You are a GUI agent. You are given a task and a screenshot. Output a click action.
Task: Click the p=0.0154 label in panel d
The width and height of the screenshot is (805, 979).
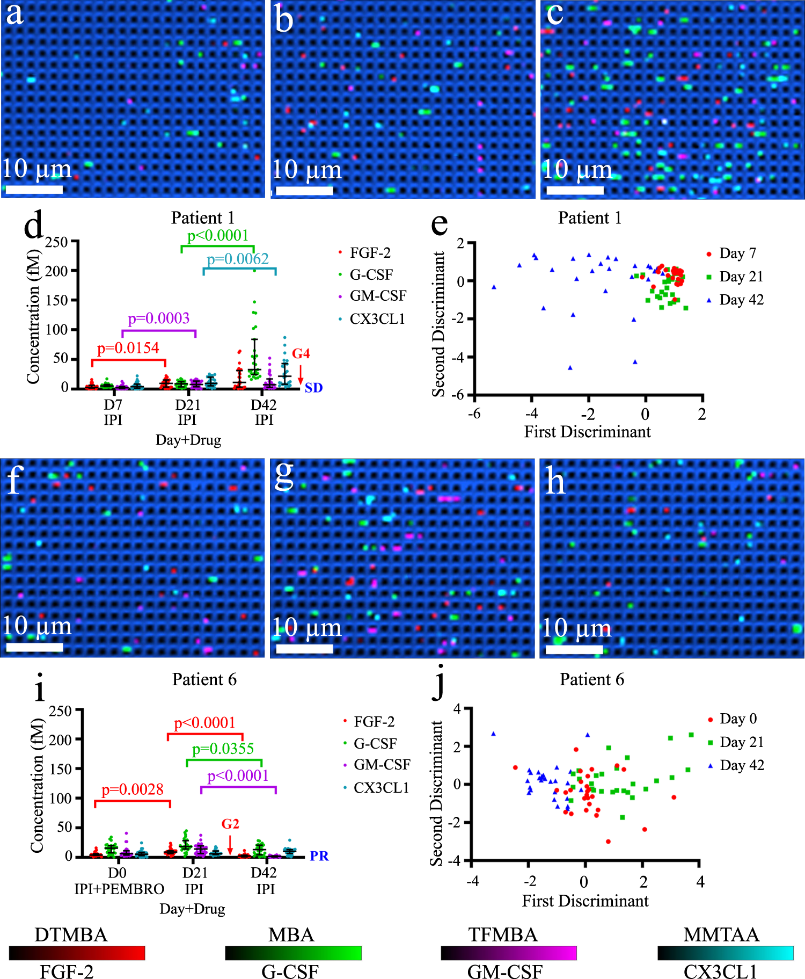click(x=128, y=348)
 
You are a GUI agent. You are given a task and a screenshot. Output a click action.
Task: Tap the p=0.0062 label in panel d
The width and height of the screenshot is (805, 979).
click(x=238, y=259)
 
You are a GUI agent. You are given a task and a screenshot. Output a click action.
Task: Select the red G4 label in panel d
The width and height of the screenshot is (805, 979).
click(x=301, y=353)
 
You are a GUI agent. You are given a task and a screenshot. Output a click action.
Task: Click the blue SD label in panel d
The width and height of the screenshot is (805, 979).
click(x=313, y=387)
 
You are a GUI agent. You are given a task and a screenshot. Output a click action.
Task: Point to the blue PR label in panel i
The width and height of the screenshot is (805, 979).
click(x=319, y=855)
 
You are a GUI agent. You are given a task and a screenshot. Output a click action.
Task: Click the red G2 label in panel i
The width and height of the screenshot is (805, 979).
click(x=230, y=823)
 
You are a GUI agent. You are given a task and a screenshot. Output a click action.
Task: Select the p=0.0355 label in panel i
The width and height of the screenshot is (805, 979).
click(x=223, y=749)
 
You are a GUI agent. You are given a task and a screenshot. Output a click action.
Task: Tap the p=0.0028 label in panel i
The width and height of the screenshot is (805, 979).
click(x=133, y=789)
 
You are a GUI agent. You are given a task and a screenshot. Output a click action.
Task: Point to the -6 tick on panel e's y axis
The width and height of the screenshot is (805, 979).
click(x=459, y=395)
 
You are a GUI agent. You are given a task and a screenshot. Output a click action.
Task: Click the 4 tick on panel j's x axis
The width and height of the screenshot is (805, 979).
click(x=700, y=882)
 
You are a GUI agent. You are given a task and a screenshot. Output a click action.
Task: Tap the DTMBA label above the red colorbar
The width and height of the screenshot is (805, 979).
click(x=71, y=935)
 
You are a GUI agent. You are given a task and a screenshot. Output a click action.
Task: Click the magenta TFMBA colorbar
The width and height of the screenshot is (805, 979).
click(x=508, y=953)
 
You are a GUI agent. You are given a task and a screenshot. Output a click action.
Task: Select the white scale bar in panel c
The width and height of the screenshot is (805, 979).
click(x=575, y=190)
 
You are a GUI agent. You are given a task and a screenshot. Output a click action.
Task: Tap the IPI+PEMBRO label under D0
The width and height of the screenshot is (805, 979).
click(x=119, y=889)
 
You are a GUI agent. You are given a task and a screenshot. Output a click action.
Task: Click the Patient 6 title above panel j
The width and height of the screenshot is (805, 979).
click(x=591, y=679)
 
